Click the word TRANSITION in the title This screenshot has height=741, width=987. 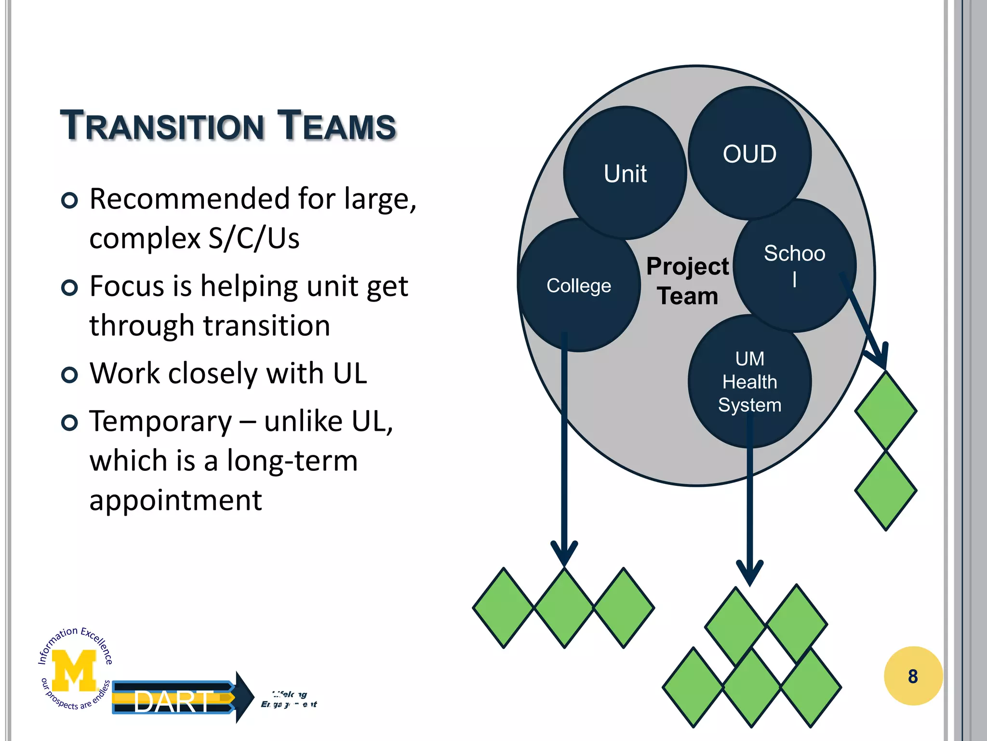(x=162, y=126)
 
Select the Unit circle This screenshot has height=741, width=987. (x=625, y=174)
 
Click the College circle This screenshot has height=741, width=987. (x=578, y=286)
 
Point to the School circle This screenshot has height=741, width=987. (x=794, y=264)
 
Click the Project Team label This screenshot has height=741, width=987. (x=687, y=281)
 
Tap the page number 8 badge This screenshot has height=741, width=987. (x=913, y=676)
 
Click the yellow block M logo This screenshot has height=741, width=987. (x=74, y=670)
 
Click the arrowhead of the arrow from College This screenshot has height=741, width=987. (x=564, y=555)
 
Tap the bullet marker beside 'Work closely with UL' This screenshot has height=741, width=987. (x=70, y=374)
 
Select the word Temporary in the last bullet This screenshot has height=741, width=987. (x=160, y=422)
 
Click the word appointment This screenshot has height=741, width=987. (x=175, y=500)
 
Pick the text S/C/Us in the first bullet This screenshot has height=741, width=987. (x=253, y=238)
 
